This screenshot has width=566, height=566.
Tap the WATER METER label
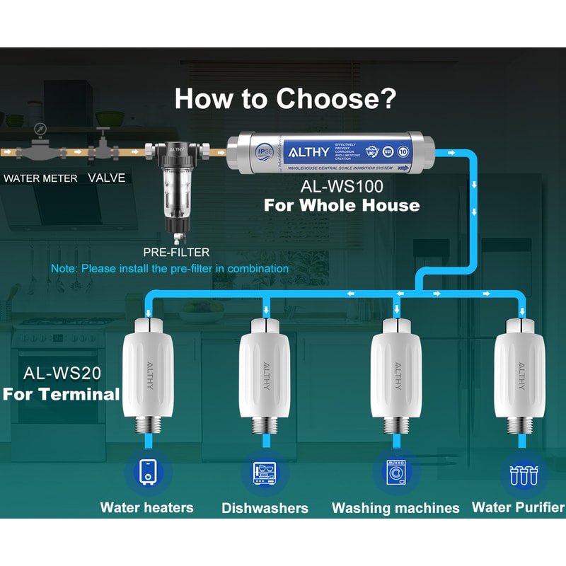[x=40, y=178]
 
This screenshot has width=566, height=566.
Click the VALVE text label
[x=106, y=178]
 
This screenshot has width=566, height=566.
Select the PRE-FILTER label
[x=176, y=252]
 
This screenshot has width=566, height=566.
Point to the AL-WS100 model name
[x=341, y=188]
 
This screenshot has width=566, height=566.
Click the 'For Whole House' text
[x=342, y=206]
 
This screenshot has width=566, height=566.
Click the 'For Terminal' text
[x=61, y=394]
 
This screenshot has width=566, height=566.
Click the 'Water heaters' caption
[x=146, y=507]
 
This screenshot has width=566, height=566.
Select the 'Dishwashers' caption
[x=265, y=508]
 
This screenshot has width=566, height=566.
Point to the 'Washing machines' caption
[x=395, y=508]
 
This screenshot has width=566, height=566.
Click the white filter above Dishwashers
[x=265, y=375]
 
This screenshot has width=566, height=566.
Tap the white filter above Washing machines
[x=395, y=375]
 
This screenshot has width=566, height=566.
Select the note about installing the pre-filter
[x=170, y=269]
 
